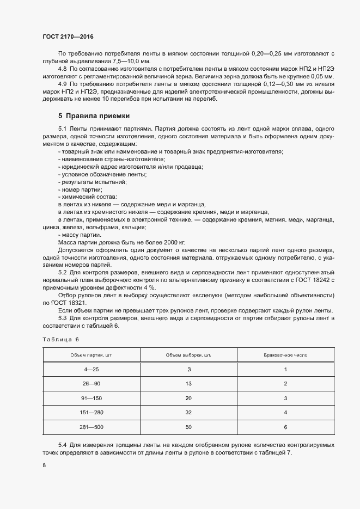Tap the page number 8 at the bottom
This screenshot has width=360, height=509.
click(x=44, y=465)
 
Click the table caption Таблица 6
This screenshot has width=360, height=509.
click(x=61, y=339)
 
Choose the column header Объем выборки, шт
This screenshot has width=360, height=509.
click(x=188, y=355)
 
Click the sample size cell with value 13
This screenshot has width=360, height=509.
click(x=188, y=384)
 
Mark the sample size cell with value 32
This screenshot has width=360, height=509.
click(x=188, y=413)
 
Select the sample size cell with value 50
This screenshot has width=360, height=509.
click(x=188, y=427)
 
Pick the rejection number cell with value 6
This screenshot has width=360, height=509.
click(x=285, y=427)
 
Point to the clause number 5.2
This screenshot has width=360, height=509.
click(x=63, y=272)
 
